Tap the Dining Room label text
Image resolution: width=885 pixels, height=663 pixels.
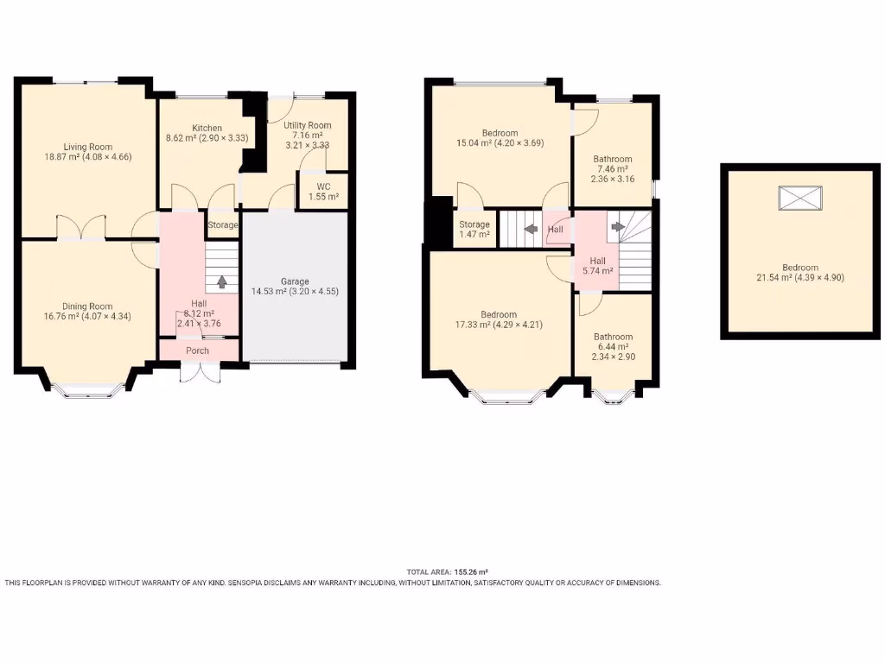pos(87,306)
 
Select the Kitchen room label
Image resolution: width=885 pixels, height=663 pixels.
pos(207,129)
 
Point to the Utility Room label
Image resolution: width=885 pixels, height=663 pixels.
pos(307,125)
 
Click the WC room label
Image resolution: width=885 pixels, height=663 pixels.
pos(323,186)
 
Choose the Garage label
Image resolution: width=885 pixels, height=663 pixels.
pos(294,281)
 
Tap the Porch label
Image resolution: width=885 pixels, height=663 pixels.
pos(197,350)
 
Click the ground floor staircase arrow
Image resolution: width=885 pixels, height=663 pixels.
pos(222,281)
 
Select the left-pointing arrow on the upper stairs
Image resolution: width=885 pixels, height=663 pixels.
pos(529,230)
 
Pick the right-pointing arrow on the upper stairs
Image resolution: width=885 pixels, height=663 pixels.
pos(617,228)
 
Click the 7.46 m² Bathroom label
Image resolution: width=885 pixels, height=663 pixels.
pos(612,159)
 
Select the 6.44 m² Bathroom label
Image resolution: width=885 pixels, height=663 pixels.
pos(612,337)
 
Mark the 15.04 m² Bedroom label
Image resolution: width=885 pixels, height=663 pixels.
pos(500,133)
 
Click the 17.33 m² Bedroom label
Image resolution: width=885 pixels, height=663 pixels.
pos(500,315)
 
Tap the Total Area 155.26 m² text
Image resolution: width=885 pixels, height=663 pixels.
pos(448,572)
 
